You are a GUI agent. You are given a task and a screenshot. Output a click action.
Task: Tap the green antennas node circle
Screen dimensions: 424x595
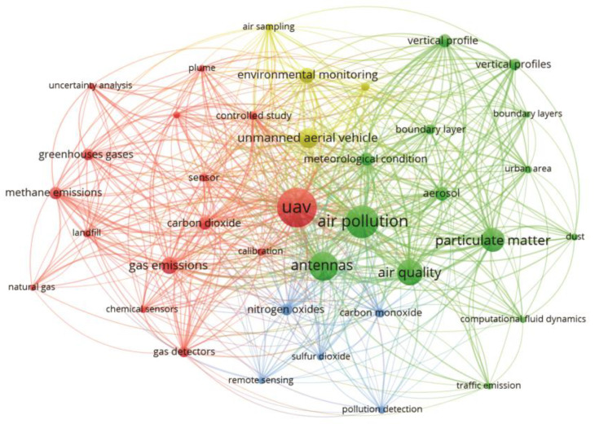323,266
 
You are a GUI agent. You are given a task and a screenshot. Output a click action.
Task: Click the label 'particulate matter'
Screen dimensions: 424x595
492,241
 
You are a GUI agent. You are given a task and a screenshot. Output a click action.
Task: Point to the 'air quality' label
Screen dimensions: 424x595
408,273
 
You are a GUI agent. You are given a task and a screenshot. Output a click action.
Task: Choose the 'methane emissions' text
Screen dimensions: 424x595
54,193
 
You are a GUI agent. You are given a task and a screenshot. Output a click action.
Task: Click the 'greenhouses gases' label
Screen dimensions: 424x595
86,154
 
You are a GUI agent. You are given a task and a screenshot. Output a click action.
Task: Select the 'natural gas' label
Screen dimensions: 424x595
32,287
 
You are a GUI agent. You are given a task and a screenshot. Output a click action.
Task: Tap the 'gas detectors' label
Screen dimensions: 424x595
183,352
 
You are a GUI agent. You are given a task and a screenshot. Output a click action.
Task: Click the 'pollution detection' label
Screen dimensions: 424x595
382,408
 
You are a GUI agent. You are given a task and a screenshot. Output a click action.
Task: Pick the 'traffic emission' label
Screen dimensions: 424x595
489,385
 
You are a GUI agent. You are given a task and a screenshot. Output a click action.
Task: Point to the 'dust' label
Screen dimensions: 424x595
575,236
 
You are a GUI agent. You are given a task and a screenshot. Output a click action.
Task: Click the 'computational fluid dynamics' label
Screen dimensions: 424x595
522,319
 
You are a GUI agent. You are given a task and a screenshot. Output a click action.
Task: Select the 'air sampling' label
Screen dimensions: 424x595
268,27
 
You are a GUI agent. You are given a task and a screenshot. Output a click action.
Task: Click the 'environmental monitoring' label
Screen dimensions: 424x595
302,75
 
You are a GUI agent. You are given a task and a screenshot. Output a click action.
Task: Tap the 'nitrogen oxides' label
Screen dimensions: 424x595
285,310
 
